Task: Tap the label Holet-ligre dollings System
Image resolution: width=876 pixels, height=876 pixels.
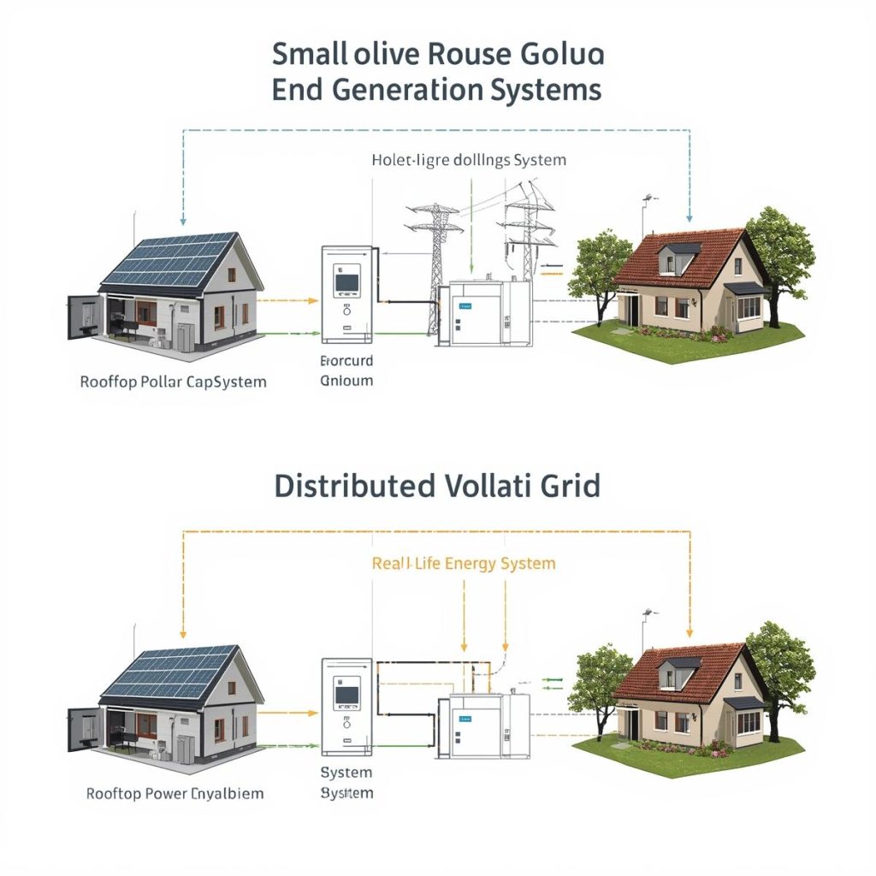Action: click(x=468, y=160)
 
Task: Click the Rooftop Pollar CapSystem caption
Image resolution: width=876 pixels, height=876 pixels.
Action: click(x=173, y=382)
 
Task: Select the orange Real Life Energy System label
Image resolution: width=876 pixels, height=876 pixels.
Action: click(x=464, y=563)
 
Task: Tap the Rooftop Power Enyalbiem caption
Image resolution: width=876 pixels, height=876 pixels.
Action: click(x=175, y=793)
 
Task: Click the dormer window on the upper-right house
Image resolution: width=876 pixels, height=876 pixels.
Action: click(x=675, y=257)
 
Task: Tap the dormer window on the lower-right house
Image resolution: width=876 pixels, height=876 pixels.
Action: click(x=675, y=672)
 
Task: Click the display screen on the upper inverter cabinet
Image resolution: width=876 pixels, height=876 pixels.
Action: click(x=346, y=280)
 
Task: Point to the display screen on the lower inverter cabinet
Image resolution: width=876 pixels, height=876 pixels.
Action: click(x=346, y=694)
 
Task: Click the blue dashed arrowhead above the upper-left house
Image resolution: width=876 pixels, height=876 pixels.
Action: click(x=183, y=220)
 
